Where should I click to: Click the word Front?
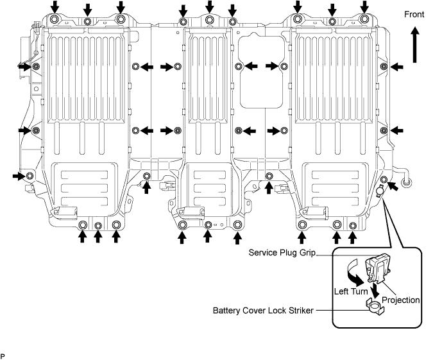pyautogui.click(x=414, y=14)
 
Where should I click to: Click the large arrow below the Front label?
pyautogui.click(x=414, y=44)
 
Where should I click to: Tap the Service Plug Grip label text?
pyautogui.click(x=282, y=253)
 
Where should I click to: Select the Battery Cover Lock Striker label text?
pyautogui.click(x=263, y=311)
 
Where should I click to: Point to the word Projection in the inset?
pyautogui.click(x=400, y=300)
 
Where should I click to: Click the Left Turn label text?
pyautogui.click(x=351, y=291)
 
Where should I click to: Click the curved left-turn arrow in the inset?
pyautogui.click(x=355, y=273)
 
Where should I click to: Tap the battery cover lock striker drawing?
pyautogui.click(x=375, y=307)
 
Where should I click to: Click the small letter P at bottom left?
pyautogui.click(x=3, y=356)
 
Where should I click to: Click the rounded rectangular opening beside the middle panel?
pyautogui.click(x=261, y=72)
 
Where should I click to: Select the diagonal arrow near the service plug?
pyautogui.click(x=393, y=186)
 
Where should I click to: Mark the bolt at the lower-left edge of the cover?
pyautogui.click(x=30, y=176)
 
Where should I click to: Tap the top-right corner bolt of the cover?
pyautogui.click(x=364, y=19)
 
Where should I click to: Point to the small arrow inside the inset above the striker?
pyautogui.click(x=375, y=290)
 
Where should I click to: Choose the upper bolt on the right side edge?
pyautogui.click(x=384, y=67)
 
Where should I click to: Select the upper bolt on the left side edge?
pyautogui.click(x=36, y=67)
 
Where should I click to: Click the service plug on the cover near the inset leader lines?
pyautogui.click(x=380, y=191)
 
